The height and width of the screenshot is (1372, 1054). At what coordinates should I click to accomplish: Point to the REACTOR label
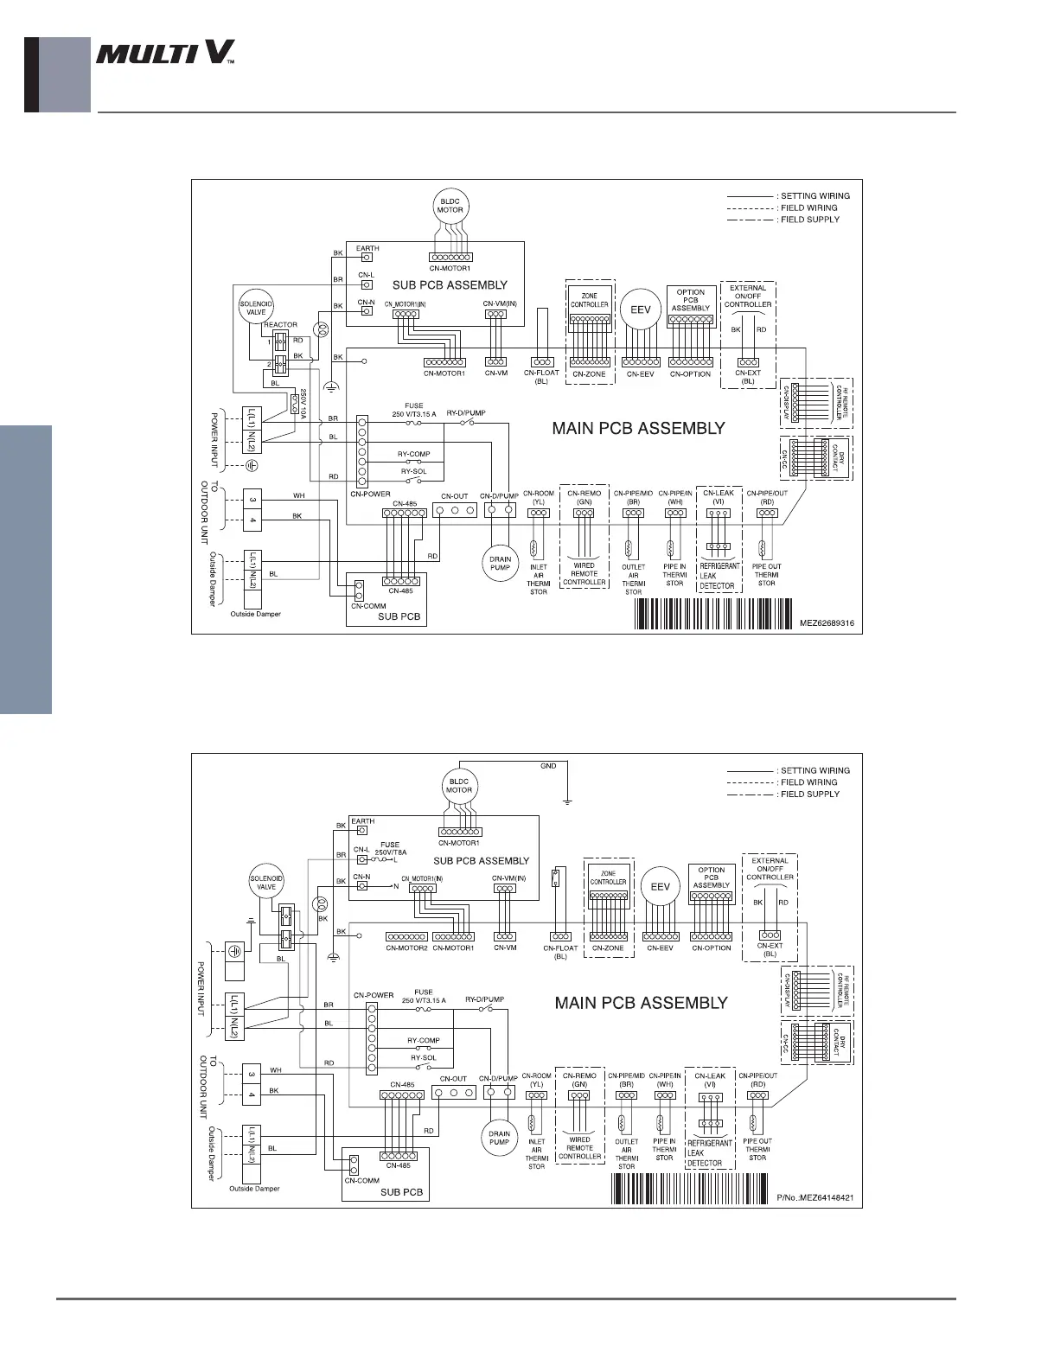280,325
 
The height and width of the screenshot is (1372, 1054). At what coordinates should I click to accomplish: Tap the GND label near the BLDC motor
548,766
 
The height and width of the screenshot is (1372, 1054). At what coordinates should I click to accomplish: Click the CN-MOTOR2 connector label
406,948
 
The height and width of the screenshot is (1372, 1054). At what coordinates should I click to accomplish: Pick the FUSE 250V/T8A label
390,849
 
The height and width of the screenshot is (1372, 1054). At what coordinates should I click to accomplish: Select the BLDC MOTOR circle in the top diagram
450,206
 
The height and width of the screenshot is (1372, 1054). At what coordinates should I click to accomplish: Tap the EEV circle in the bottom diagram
660,887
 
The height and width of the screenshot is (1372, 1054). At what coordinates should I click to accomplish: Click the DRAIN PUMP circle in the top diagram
500,563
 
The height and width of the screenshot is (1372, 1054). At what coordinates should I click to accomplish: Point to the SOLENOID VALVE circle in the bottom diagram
266,883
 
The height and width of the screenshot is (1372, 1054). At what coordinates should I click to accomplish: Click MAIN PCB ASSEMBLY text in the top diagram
638,428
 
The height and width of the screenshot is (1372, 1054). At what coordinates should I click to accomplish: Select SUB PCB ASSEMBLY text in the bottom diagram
481,861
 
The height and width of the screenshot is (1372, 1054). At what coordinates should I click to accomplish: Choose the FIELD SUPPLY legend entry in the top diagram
809,220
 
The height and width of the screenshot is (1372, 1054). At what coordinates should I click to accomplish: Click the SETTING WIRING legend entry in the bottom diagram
814,770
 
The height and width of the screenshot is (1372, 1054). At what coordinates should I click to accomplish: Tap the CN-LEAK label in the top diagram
719,494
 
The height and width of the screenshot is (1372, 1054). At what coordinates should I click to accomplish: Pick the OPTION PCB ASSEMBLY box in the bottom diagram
712,877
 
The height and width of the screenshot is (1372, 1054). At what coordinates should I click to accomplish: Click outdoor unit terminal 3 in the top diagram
252,501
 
